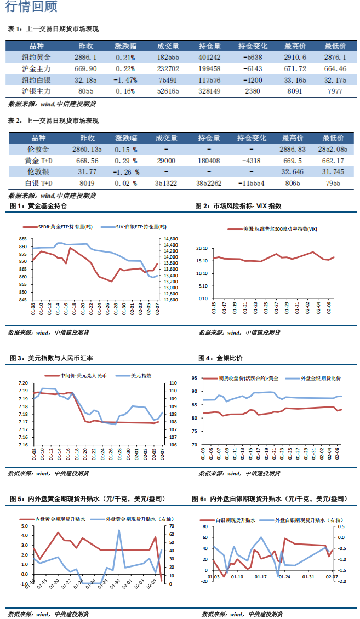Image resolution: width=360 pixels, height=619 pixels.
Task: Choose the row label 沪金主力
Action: pyautogui.click(x=36, y=68)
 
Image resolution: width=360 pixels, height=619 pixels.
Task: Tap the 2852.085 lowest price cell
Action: pyautogui.click(x=333, y=149)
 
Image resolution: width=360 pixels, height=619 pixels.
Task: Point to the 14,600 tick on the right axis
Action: pyautogui.click(x=170, y=239)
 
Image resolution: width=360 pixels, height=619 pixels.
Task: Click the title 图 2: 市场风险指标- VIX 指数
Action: pyautogui.click(x=238, y=206)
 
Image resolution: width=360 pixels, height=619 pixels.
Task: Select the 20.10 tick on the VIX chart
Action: pyautogui.click(x=202, y=248)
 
